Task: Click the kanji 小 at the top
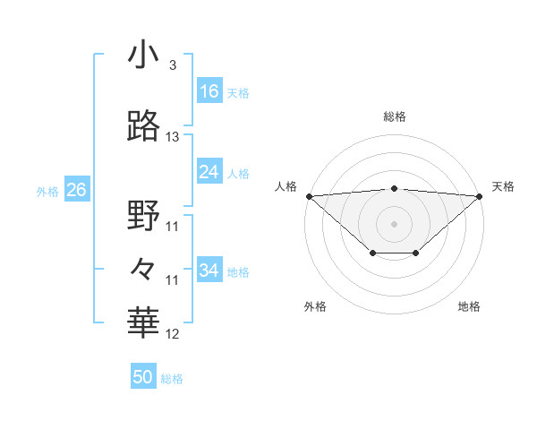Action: pyautogui.click(x=143, y=55)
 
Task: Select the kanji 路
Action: pyautogui.click(x=143, y=126)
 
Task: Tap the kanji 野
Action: pyautogui.click(x=143, y=216)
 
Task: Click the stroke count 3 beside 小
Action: pyautogui.click(x=172, y=65)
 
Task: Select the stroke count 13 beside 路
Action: pyautogui.click(x=173, y=137)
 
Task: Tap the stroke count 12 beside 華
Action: pyautogui.click(x=173, y=334)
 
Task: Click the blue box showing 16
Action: pyautogui.click(x=209, y=91)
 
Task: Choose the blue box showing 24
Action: pyautogui.click(x=209, y=172)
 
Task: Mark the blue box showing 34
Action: pyautogui.click(x=209, y=271)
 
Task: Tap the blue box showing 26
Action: pyautogui.click(x=76, y=190)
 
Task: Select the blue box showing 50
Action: pyautogui.click(x=143, y=378)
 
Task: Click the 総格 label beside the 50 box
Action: pyautogui.click(x=173, y=379)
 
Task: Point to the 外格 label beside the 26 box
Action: pyautogui.click(x=47, y=191)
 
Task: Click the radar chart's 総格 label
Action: pyautogui.click(x=395, y=116)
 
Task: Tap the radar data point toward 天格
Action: pyautogui.click(x=481, y=196)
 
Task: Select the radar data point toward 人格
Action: pyautogui.click(x=309, y=196)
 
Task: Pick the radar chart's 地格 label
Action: pyautogui.click(x=469, y=307)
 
